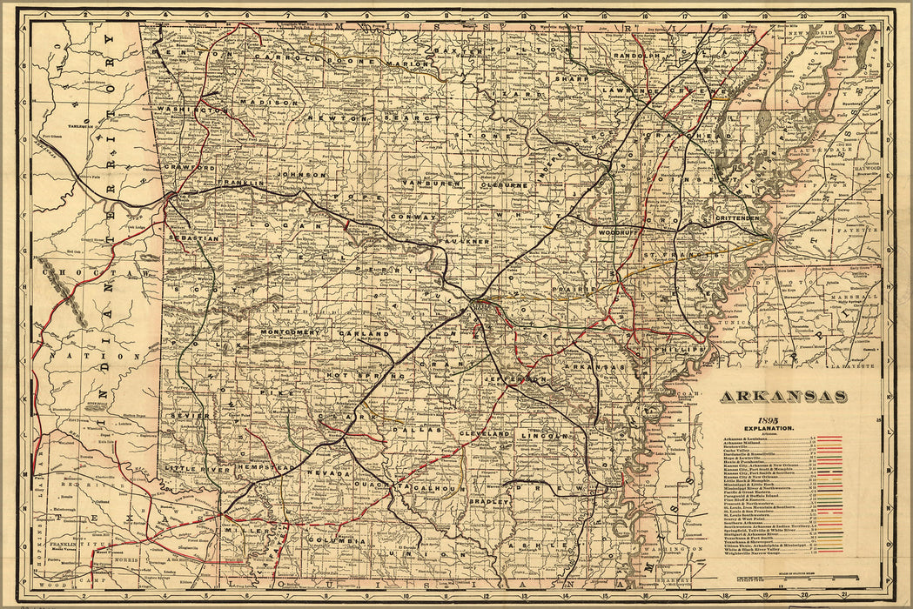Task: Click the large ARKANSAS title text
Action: (x=783, y=397)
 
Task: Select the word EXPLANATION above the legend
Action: (x=768, y=430)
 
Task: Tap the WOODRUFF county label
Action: (x=619, y=233)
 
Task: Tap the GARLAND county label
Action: (x=365, y=334)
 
